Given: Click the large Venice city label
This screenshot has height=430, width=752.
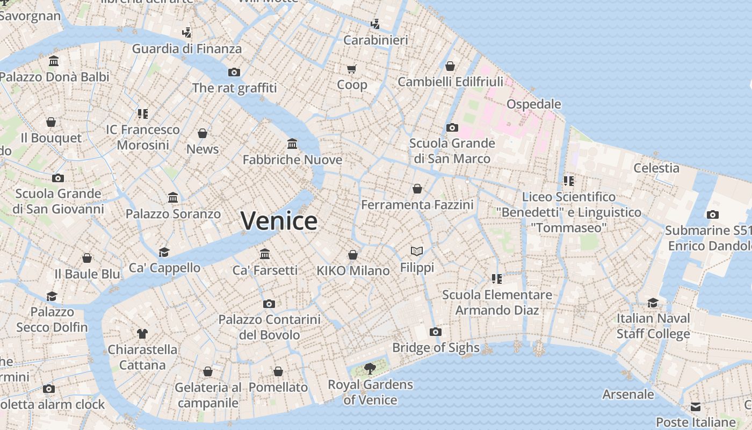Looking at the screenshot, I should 279,221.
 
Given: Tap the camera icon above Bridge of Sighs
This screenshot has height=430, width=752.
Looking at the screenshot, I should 436,332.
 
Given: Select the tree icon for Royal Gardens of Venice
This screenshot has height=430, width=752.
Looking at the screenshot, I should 370,368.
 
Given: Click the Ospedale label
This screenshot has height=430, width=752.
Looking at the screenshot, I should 533,104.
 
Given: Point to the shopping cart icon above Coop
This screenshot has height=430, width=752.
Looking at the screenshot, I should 352,69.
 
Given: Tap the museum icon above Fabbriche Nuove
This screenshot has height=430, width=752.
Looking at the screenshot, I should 292,144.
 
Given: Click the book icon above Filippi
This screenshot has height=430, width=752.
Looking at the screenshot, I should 417,251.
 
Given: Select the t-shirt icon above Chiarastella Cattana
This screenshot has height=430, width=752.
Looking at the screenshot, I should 142,333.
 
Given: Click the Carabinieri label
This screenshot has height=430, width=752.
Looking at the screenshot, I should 375,40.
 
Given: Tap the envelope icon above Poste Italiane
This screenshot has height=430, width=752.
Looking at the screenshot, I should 696,406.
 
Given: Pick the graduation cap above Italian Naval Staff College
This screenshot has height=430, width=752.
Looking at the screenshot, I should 653,303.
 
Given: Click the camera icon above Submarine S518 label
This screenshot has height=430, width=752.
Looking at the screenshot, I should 712,214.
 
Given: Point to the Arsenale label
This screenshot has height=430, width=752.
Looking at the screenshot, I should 628,394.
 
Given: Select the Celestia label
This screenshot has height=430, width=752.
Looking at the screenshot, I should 656,168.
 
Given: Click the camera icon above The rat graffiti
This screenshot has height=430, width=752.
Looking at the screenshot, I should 234,72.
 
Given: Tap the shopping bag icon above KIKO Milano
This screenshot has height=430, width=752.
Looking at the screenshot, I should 353,255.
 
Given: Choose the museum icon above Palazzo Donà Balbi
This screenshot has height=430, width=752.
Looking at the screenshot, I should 54,61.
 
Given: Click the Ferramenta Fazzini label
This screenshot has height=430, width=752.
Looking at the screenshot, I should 417,205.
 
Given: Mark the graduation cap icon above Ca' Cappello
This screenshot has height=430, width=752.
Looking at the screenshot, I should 164,252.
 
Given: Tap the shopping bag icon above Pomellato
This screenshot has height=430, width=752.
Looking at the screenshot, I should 278,371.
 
